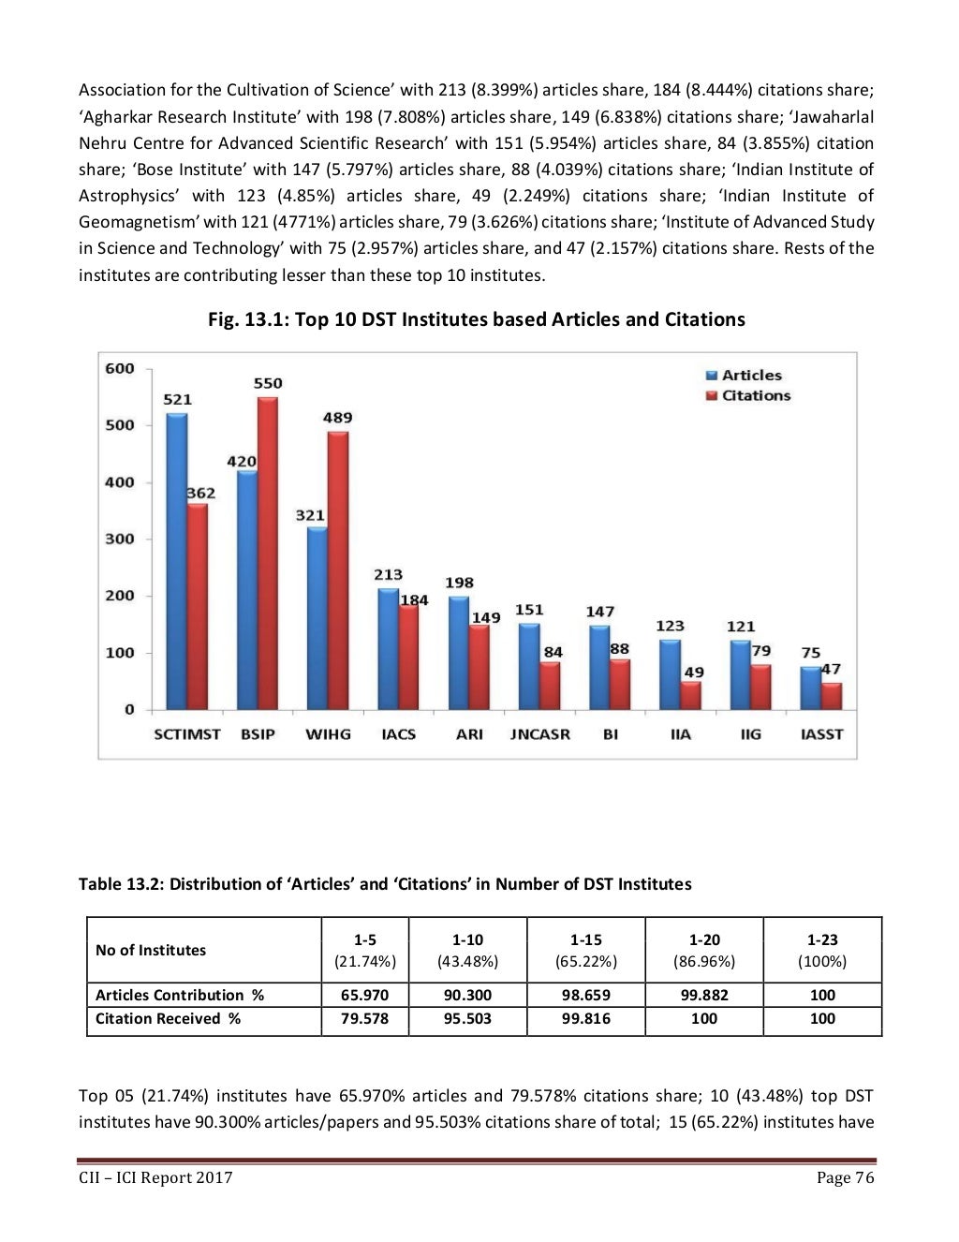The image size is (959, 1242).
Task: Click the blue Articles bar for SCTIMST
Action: point(176,562)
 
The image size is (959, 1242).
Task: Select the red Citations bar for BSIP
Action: point(267,553)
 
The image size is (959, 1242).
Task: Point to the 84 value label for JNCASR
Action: point(553,652)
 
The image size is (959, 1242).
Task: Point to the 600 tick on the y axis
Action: point(119,368)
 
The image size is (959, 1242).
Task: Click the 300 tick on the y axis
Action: point(119,539)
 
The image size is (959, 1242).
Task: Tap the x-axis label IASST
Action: point(821,734)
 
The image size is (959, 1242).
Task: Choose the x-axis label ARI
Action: point(469,734)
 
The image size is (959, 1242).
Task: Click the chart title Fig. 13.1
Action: point(476,319)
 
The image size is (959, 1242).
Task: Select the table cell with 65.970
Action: point(365,995)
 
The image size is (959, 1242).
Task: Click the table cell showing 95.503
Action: point(467,1019)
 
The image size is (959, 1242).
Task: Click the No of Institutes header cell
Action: point(151,950)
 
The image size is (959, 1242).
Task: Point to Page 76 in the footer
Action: point(846,1177)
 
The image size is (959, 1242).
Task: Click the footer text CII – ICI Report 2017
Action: point(155,1177)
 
